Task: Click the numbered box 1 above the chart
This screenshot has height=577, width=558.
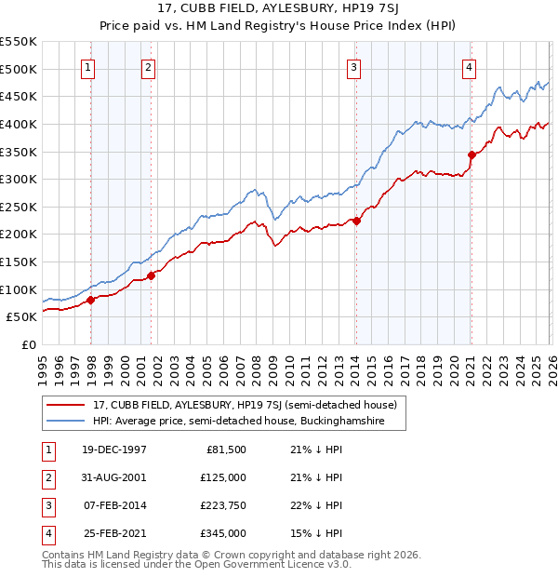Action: (87, 66)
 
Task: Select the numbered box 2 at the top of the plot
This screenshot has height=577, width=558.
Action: (149, 66)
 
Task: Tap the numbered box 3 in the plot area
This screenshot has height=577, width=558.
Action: (354, 66)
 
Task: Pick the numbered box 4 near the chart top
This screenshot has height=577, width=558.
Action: (470, 66)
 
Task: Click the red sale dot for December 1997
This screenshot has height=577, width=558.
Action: (91, 300)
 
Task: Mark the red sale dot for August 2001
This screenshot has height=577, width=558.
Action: (152, 275)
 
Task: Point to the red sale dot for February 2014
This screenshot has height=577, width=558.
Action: (356, 221)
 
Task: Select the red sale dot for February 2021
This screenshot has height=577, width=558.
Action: (472, 154)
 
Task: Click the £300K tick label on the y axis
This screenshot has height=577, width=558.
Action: (18, 179)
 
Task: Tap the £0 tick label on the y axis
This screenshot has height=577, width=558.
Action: (28, 344)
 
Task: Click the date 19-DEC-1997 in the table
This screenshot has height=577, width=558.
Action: (114, 450)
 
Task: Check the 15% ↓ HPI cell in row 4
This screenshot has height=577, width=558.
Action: (315, 533)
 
